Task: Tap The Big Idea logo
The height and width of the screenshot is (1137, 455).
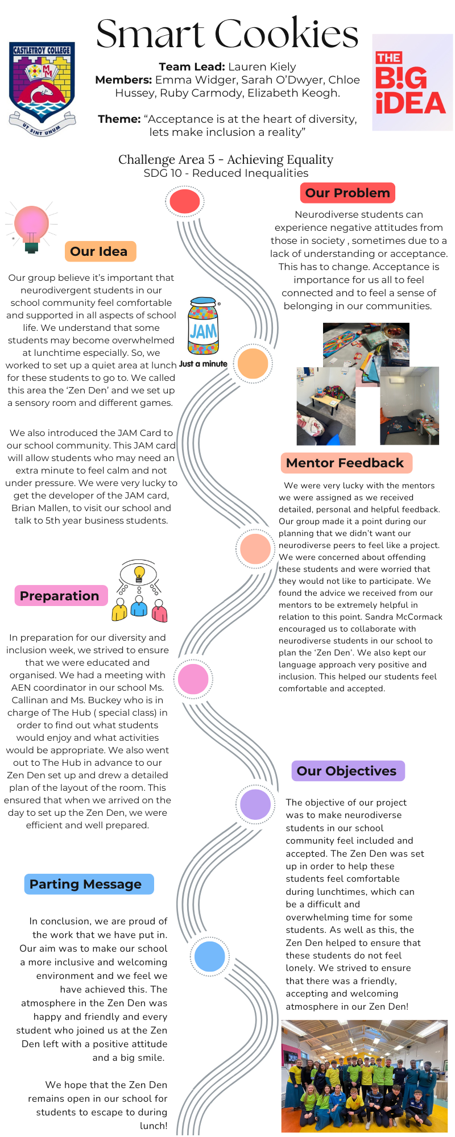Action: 412,82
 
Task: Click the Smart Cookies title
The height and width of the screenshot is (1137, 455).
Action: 227,34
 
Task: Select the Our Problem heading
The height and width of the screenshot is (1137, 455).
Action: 348,193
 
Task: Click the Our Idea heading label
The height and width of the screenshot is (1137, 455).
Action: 100,251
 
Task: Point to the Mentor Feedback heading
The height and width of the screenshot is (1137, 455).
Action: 346,463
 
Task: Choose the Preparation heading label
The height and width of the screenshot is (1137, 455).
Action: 60,596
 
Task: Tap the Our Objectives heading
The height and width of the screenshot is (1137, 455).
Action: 347,771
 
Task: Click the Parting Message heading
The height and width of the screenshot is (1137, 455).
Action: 89,884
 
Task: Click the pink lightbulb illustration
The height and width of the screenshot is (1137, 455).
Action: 31,227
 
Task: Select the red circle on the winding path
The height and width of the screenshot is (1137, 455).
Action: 185,201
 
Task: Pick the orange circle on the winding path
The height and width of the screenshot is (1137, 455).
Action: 253,364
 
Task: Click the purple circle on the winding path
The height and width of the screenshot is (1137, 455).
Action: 255,804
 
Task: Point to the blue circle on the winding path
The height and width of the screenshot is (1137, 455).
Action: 210,956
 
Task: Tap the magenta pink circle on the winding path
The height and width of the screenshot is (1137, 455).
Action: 193,679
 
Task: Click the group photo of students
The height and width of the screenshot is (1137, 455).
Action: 365,1076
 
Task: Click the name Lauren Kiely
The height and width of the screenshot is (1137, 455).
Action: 262,67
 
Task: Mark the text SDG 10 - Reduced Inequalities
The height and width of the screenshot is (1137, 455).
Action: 226,173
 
